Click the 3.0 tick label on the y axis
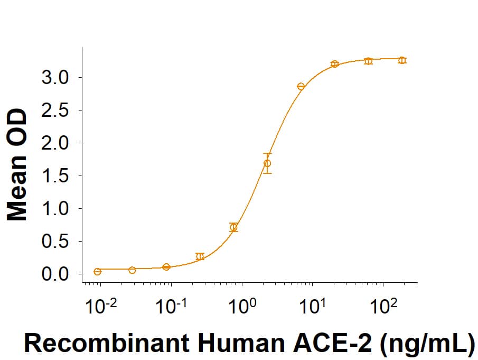(x=54, y=78)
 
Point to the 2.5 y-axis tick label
(x=54, y=110)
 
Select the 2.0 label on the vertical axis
(x=54, y=143)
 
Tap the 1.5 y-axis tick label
(x=54, y=176)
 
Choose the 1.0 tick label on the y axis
(x=54, y=209)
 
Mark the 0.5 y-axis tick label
(x=54, y=242)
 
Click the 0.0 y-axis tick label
(x=54, y=274)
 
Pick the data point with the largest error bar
(x=267, y=163)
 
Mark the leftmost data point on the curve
(x=97, y=272)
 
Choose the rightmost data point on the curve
(x=402, y=60)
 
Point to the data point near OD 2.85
(x=301, y=86)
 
